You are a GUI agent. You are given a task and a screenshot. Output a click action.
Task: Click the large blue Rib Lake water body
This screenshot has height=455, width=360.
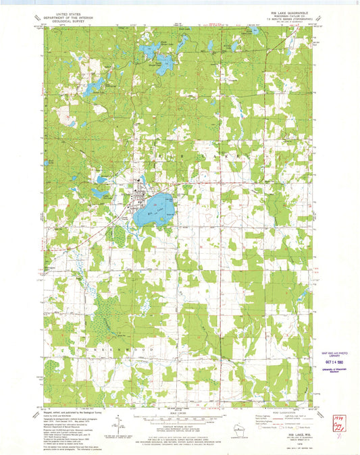151,210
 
